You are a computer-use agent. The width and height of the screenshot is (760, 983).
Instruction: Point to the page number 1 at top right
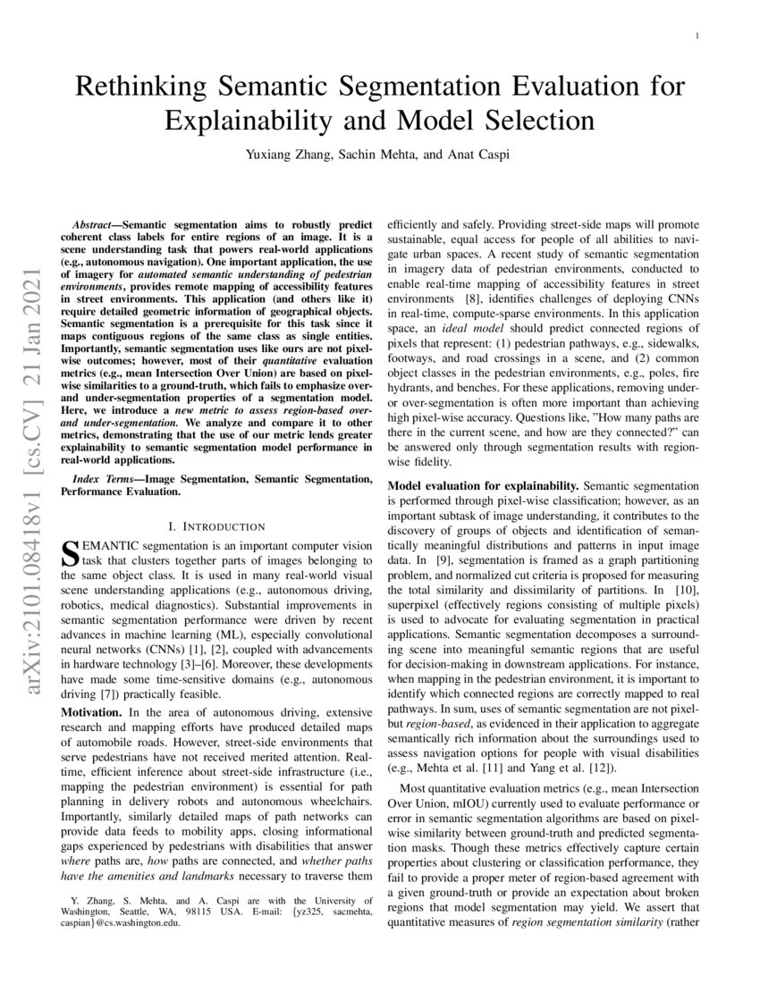[x=697, y=36]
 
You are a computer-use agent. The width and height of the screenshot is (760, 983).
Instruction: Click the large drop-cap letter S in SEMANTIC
[x=67, y=553]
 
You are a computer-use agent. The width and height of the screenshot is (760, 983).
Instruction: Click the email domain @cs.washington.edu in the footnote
[x=135, y=925]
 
